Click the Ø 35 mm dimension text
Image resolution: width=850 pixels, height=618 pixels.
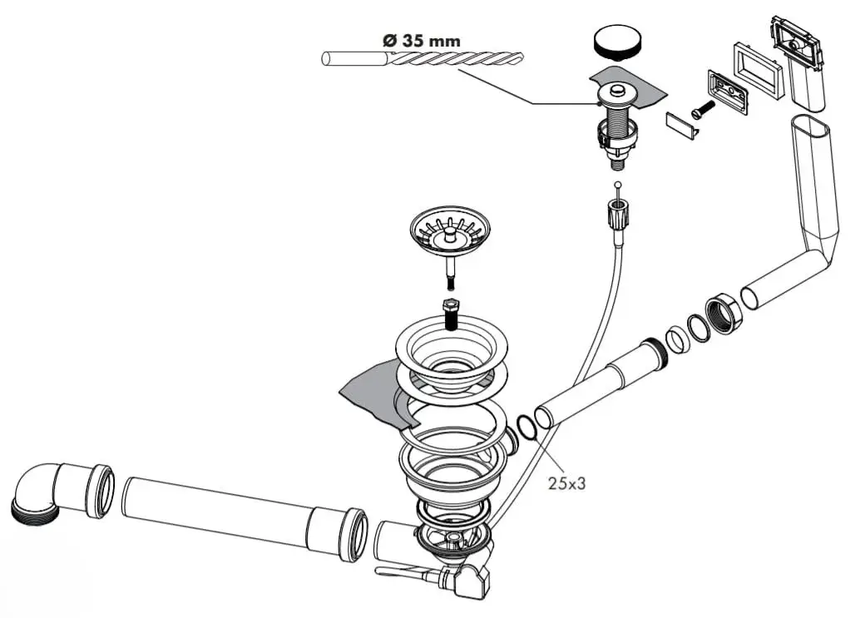[x=420, y=39]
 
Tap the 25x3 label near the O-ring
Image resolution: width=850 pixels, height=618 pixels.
[x=567, y=483]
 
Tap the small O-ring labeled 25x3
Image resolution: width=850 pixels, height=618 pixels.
[x=527, y=427]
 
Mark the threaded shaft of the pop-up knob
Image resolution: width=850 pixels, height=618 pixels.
[x=616, y=116]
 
